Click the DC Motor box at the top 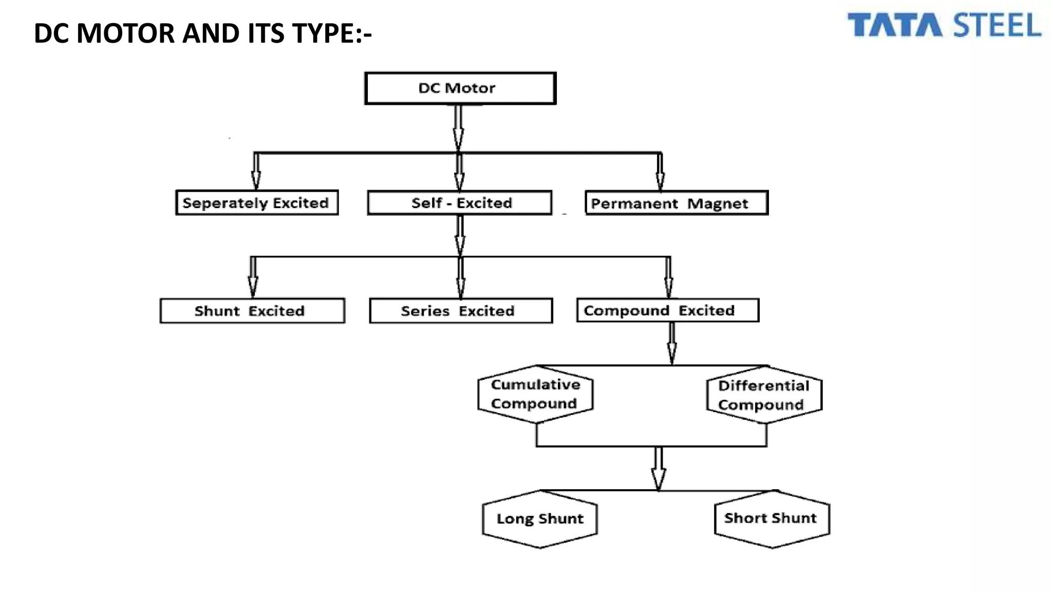pos(460,88)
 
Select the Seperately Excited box pos(257,202)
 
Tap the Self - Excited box pos(460,202)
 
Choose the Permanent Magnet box pos(677,203)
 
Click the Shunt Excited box pos(252,311)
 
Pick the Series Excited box pos(461,311)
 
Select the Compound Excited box pos(668,310)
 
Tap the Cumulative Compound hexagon pos(535,394)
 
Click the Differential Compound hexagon pos(764,395)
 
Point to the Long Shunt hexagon pos(540,519)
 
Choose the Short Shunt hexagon pos(772,519)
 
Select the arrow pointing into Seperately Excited pos(256,172)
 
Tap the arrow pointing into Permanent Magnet pos(660,172)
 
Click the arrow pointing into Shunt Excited pos(253,277)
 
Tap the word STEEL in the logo pos(997,26)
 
